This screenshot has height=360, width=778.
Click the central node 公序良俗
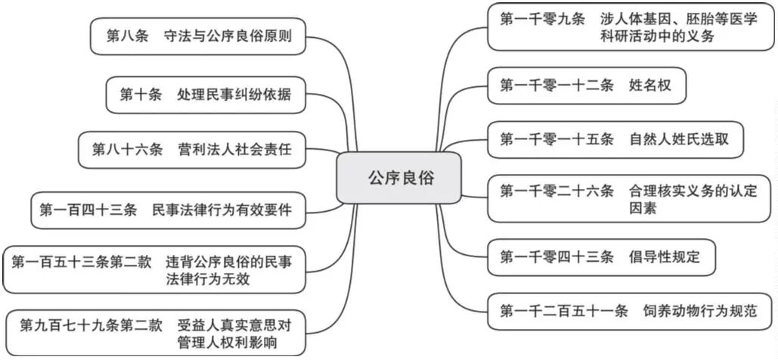click(398, 178)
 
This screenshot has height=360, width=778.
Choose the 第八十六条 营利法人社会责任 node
click(192, 149)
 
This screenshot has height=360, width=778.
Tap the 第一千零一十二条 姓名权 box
click(587, 87)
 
